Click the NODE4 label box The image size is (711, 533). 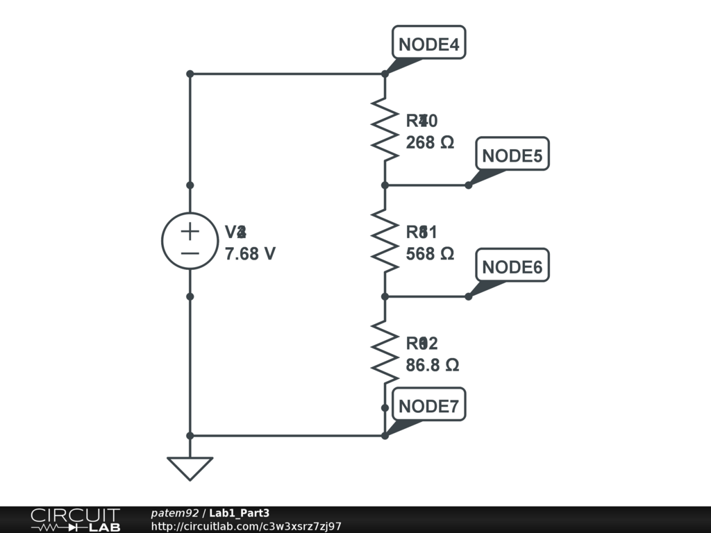pos(428,44)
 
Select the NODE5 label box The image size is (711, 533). pos(512,155)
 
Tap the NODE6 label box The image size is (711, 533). pos(512,267)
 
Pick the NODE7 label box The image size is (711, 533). pos(428,406)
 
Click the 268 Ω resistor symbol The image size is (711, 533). pos(385,129)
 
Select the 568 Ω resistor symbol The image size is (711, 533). pos(385,241)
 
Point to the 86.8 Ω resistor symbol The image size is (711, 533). pos(385,352)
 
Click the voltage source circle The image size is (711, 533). pos(190,241)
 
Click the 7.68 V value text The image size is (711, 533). pos(250,254)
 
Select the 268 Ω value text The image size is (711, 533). pos(430,142)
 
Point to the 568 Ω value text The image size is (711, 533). pos(430,254)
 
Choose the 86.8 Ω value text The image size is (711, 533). pos(432,365)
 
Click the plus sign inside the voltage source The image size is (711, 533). pos(190,231)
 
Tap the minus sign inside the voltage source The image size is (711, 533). pos(190,253)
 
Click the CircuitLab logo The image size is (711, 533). pos(75,520)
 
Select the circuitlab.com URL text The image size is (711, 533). pos(246,527)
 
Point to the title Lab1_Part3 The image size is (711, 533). pos(240,514)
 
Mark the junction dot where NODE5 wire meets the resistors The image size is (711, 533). pos(385,185)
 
